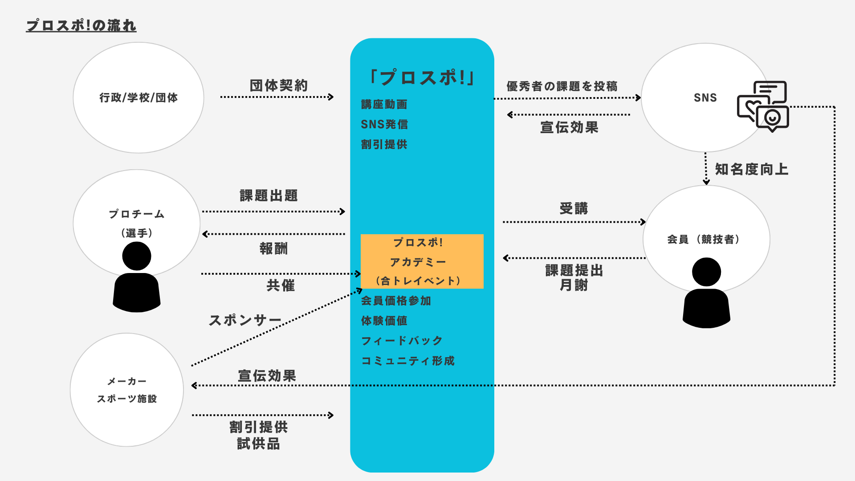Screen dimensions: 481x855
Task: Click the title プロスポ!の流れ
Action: click(81, 25)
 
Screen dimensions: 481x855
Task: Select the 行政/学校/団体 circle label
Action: click(138, 98)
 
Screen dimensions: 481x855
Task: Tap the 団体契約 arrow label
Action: click(279, 85)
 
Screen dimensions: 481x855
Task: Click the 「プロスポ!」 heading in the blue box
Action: click(422, 77)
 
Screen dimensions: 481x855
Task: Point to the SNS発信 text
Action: click(384, 124)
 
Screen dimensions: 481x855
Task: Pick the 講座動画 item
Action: click(384, 104)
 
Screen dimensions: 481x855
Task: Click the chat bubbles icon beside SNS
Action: click(763, 106)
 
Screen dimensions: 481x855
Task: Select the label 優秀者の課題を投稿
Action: click(562, 86)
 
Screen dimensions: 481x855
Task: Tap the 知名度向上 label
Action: click(752, 169)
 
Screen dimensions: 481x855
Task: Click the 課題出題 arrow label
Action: click(269, 195)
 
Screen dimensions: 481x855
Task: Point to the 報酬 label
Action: click(274, 248)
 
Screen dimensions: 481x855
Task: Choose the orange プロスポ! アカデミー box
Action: click(422, 261)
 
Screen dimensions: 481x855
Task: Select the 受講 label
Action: click(574, 208)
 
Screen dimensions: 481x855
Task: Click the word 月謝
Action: click(574, 285)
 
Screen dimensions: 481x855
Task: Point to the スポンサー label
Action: click(245, 320)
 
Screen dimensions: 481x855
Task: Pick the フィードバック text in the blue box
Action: click(402, 341)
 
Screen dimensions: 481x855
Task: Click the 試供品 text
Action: click(258, 444)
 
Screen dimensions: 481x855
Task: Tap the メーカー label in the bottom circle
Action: click(127, 381)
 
